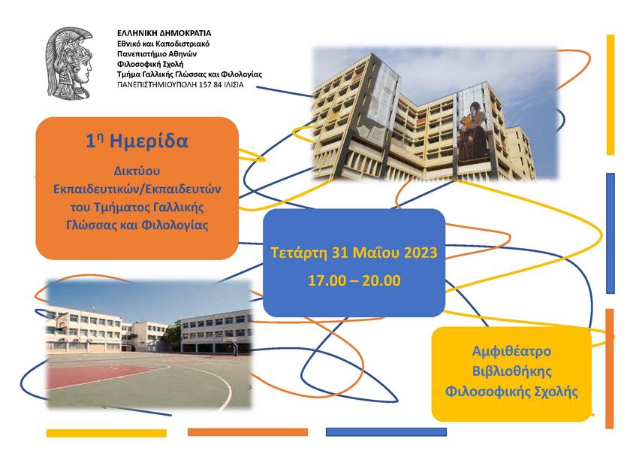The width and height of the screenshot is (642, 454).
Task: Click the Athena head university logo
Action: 69,62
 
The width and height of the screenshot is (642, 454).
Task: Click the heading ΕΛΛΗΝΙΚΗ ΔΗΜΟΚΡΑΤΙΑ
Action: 164,33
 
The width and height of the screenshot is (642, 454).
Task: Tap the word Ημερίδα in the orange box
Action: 149,141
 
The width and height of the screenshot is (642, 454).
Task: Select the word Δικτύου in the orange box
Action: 137,171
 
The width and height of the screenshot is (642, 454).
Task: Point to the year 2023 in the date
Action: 420,253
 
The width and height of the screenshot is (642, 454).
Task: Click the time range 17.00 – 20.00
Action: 354,280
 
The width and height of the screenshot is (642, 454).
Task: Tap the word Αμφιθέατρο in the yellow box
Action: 511,351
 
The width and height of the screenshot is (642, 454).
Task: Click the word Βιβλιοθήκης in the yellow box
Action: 512,371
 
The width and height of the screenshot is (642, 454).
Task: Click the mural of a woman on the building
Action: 472,129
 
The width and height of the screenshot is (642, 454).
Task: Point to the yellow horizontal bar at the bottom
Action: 107,433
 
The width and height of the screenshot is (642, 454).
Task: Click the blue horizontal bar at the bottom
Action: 386,432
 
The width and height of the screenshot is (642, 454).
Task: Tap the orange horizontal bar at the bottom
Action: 248,432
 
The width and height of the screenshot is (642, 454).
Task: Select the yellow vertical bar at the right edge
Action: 610,95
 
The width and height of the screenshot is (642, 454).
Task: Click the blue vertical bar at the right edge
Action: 610,233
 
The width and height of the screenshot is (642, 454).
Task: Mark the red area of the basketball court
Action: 94,375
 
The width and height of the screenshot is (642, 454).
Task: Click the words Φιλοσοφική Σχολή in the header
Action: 150,64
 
